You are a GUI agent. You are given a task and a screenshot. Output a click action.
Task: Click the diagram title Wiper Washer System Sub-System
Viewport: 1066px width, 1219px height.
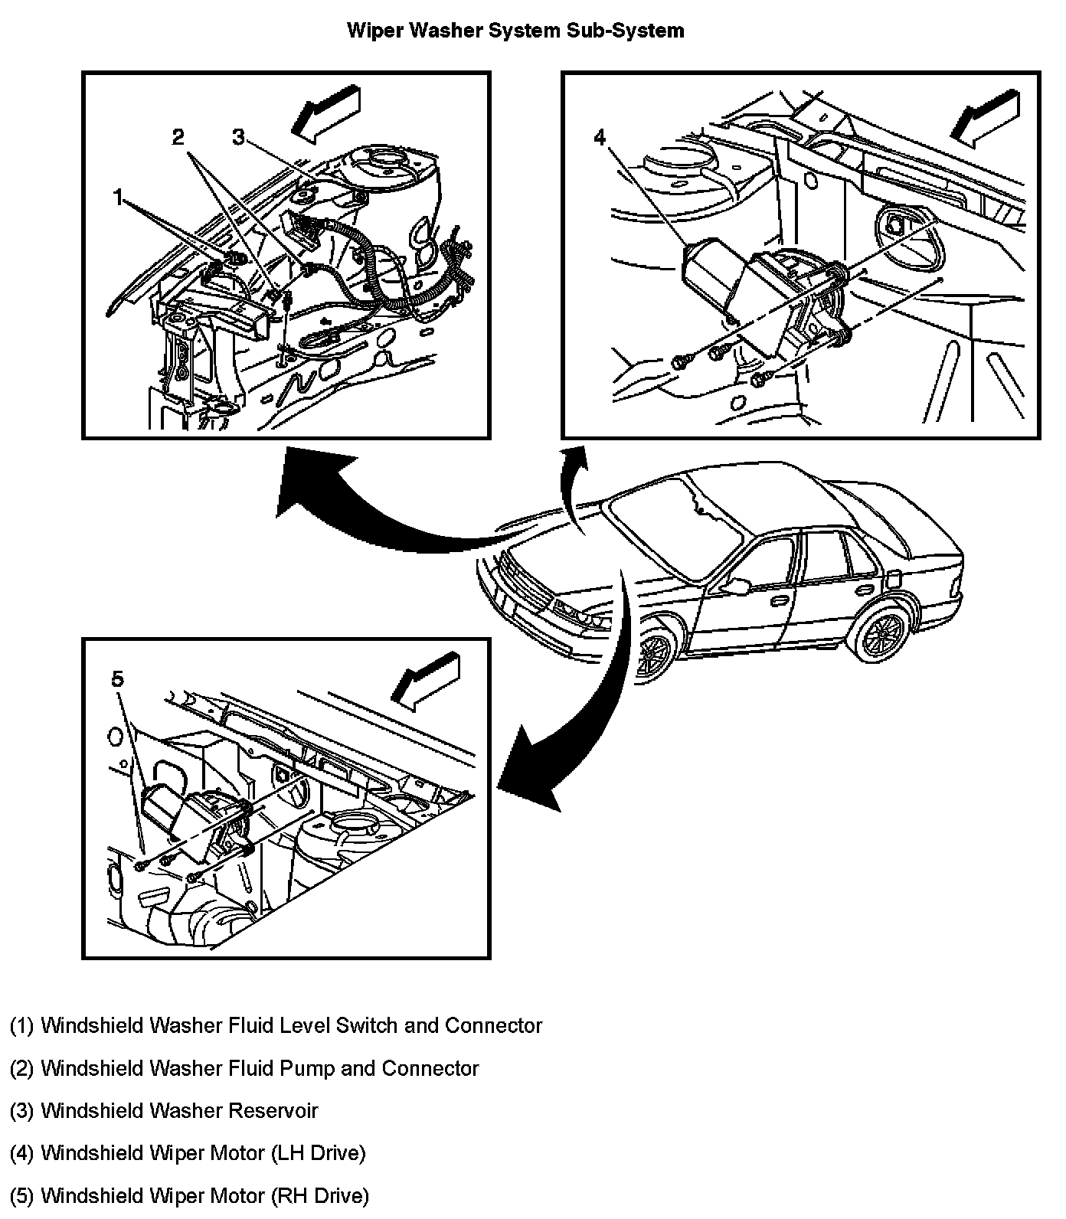click(515, 31)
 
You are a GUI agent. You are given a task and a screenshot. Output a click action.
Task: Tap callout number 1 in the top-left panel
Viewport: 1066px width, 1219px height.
click(119, 199)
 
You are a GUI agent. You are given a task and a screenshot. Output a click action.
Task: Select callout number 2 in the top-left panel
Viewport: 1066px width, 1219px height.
click(178, 138)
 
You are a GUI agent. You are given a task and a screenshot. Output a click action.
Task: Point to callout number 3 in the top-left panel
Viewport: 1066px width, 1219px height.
click(239, 138)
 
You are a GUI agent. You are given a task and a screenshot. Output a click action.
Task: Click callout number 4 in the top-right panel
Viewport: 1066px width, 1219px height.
click(600, 138)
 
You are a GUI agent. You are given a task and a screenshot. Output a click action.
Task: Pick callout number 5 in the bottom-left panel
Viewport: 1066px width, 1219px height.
click(117, 679)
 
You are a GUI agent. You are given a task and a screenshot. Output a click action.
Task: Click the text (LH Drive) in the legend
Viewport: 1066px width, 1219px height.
click(318, 1152)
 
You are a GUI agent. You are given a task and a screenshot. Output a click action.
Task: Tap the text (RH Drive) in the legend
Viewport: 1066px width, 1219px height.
click(319, 1194)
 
